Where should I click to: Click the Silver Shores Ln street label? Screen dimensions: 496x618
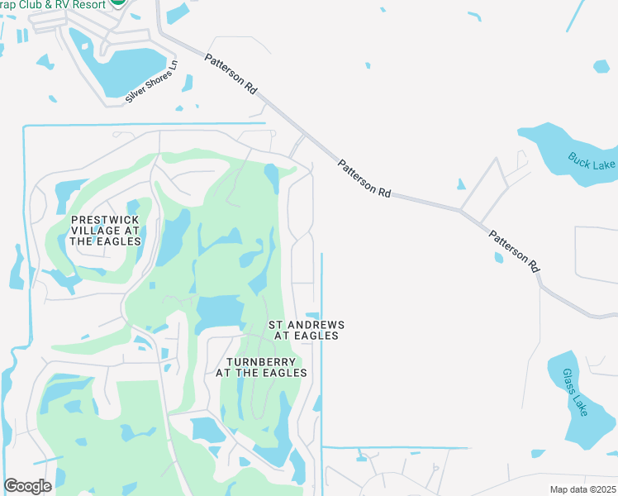(152, 82)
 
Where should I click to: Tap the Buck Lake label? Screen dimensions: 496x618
(592, 160)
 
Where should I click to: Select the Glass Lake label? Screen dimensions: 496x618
(573, 393)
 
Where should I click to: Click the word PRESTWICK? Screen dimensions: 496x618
(105, 219)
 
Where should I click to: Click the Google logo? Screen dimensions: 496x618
(27, 486)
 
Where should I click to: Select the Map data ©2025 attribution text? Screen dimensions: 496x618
(582, 489)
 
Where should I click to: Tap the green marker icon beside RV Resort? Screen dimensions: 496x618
(119, 3)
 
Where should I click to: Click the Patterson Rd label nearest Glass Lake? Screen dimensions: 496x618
(514, 251)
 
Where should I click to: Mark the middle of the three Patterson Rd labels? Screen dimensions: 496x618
(364, 178)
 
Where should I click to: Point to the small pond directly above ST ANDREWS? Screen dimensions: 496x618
(312, 315)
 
